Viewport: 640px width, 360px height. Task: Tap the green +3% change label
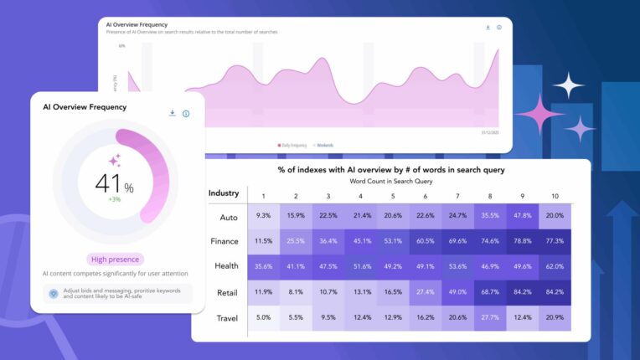(114, 199)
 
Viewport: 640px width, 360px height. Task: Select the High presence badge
(115, 260)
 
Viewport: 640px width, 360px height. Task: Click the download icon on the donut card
(172, 113)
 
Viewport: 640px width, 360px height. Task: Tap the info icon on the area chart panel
(499, 28)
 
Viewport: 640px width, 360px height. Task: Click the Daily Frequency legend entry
(294, 145)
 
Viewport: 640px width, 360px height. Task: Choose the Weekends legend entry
(323, 145)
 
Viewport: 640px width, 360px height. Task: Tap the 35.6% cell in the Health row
(262, 267)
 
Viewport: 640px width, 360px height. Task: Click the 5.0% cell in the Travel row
(262, 318)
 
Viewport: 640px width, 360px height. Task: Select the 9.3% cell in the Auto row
(262, 216)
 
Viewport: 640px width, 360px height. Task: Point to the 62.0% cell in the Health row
(555, 267)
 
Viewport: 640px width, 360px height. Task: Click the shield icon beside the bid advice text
(53, 294)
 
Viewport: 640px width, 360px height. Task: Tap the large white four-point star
(568, 85)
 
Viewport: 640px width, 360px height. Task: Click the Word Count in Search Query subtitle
(390, 181)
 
